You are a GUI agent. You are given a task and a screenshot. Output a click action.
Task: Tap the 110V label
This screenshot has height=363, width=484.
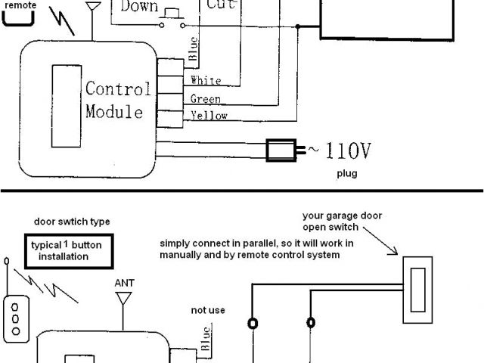347,151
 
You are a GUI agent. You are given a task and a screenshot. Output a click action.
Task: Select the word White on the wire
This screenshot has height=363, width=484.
206,81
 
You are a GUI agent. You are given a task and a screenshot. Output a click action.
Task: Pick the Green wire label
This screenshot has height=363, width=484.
205,99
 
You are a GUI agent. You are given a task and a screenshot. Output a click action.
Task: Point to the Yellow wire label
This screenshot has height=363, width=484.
209,116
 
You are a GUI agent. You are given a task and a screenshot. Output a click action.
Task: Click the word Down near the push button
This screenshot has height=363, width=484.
138,7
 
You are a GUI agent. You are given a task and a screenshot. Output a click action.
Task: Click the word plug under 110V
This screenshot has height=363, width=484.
347,173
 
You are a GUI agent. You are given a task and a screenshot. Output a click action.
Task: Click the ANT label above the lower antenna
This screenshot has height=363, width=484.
124,283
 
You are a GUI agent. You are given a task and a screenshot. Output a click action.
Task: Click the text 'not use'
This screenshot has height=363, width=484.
207,310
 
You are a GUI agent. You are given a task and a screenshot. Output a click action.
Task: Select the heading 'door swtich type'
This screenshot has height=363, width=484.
72,222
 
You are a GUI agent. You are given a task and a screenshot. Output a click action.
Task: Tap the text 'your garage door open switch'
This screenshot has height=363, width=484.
342,221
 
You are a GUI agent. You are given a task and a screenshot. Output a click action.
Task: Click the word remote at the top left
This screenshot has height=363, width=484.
20,5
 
